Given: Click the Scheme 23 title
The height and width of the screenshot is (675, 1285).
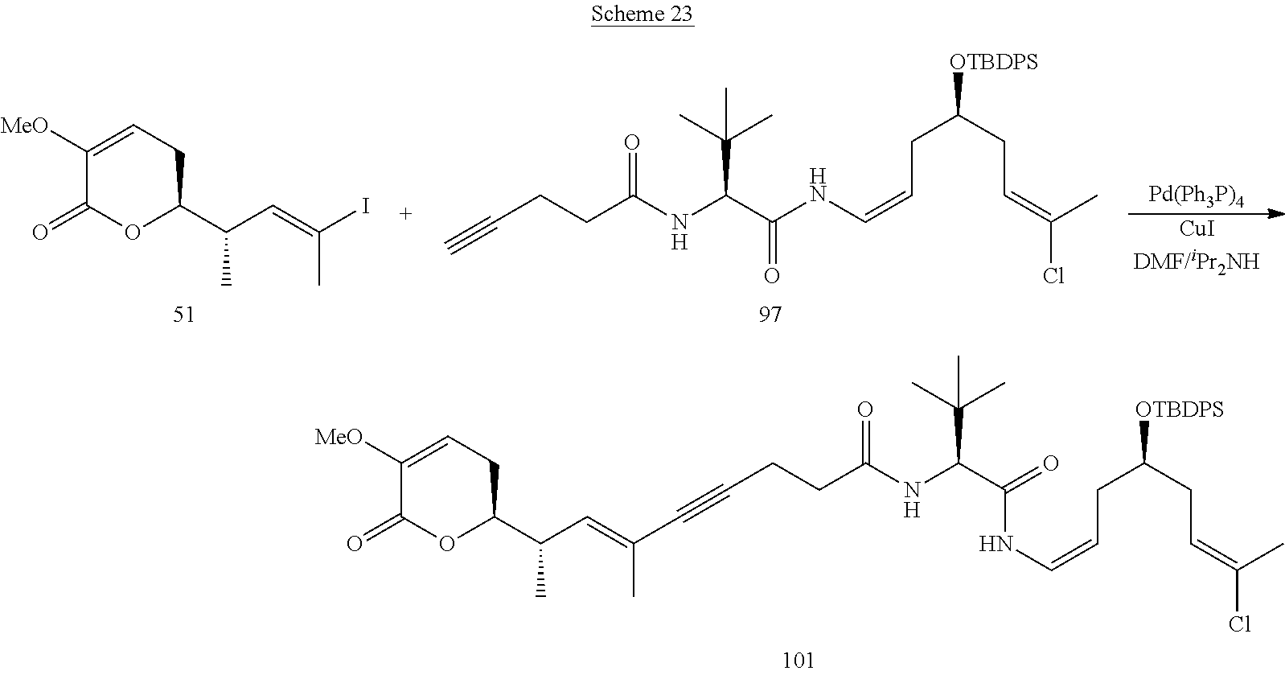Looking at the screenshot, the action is [642, 15].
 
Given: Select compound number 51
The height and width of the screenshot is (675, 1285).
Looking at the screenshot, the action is [183, 315].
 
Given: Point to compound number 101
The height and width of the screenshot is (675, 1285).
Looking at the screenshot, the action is [798, 661].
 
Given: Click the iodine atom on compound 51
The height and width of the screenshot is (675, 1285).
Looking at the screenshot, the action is [364, 208].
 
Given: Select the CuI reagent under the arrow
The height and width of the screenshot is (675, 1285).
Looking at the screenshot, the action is [1196, 229].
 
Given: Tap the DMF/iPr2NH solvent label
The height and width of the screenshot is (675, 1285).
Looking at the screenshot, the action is [1196, 261].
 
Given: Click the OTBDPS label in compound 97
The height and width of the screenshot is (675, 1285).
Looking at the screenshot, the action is [992, 62].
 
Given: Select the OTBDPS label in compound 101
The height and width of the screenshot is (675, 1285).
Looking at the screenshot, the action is [1179, 410].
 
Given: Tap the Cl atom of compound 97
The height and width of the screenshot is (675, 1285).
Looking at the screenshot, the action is [1053, 277].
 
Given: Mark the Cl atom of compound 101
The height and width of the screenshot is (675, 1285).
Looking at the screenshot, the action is [1239, 624].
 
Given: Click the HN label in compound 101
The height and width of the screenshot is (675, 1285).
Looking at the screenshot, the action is [995, 545].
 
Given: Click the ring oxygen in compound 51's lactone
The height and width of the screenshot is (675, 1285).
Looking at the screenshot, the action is [133, 233].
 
